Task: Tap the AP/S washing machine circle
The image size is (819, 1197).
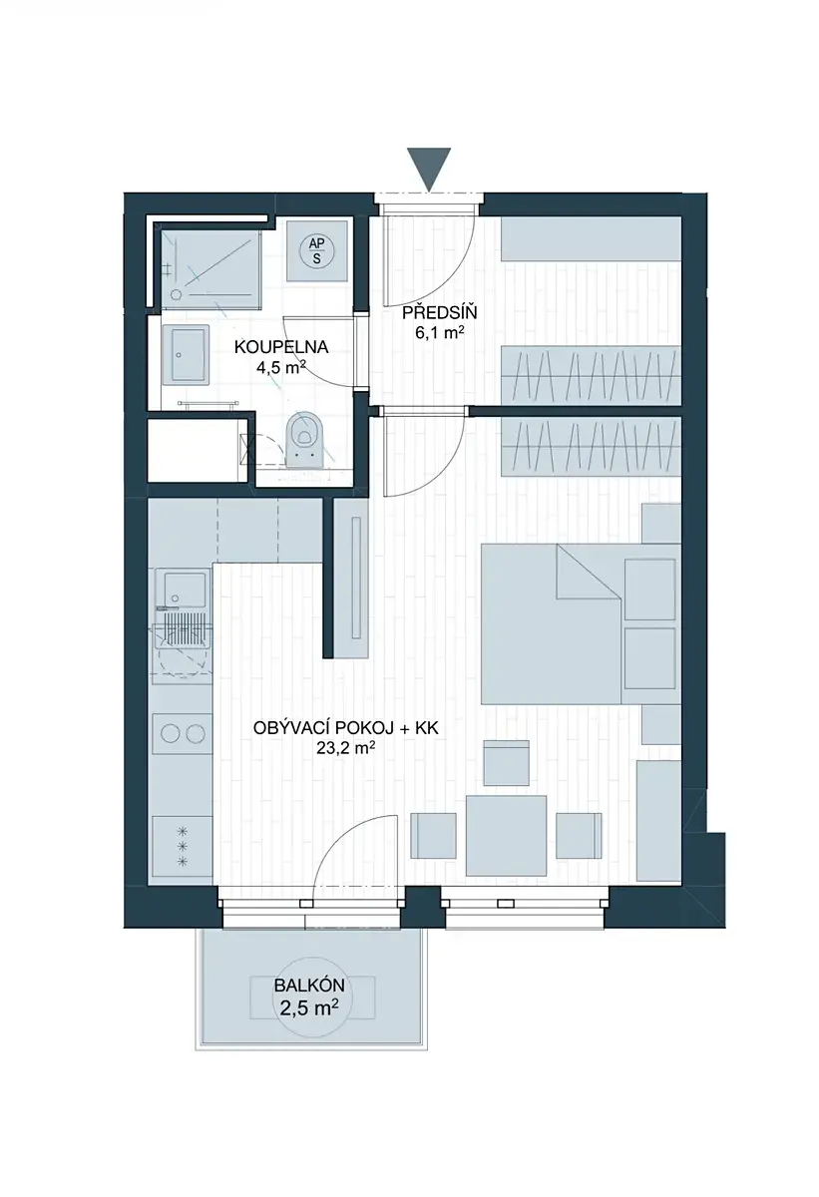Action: (x=317, y=249)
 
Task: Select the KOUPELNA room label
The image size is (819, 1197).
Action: (x=281, y=347)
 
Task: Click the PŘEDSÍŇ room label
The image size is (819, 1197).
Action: (x=439, y=312)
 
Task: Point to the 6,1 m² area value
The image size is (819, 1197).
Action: (x=439, y=333)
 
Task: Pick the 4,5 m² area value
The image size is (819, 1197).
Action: (x=281, y=367)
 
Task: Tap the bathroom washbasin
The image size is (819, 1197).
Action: (x=185, y=354)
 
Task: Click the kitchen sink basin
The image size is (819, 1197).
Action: (x=181, y=590)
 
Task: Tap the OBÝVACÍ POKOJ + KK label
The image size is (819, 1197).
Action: (x=346, y=728)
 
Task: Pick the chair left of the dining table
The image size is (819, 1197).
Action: (x=433, y=835)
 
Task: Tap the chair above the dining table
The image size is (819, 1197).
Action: (x=506, y=762)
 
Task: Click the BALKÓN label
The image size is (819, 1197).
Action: (x=309, y=986)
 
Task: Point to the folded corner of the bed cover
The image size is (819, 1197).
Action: (x=589, y=572)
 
